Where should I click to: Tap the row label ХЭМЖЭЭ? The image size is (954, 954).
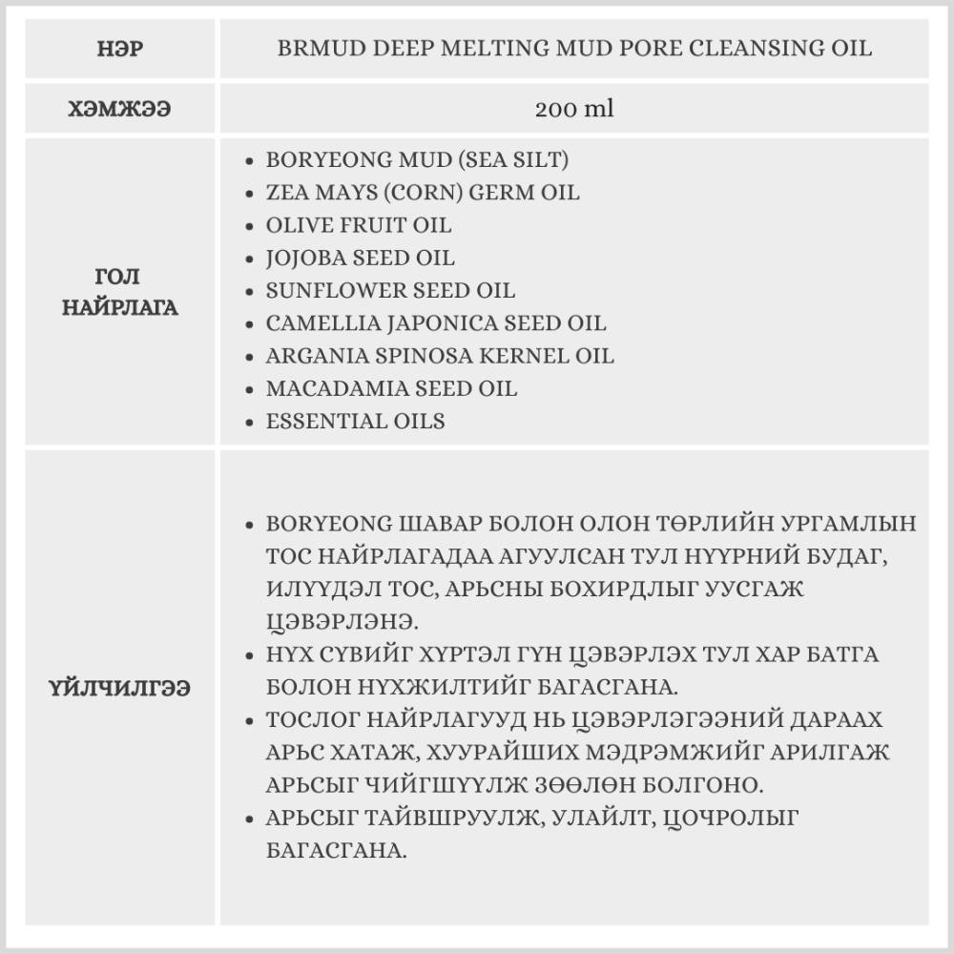point(120,109)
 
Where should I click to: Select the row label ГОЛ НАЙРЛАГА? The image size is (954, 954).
point(120,292)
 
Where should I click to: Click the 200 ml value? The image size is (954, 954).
point(574,109)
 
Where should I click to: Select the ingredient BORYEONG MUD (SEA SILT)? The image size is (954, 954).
point(418,160)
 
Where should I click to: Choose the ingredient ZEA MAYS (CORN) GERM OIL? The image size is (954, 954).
point(423,193)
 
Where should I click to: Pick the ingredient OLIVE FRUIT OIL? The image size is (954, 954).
point(359,225)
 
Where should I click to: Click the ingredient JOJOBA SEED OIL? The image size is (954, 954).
point(361,258)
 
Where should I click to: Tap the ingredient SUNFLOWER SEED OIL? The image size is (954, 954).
point(390,290)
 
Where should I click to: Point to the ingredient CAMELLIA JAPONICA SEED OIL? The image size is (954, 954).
point(436,323)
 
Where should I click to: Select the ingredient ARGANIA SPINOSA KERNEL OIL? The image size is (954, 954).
point(440,356)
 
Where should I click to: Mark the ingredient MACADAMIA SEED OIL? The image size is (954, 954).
point(391,388)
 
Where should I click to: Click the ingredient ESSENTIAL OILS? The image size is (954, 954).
point(355,421)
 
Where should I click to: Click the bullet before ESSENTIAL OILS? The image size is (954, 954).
point(249,422)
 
